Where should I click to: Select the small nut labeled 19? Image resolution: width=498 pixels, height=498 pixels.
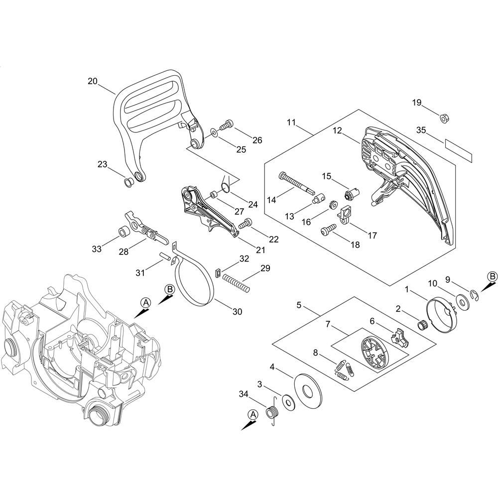[x=444, y=118]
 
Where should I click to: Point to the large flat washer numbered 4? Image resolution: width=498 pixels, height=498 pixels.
[x=308, y=389]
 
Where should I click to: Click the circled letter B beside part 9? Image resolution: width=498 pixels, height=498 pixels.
[x=492, y=276]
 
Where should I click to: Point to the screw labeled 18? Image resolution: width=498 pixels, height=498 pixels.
[x=329, y=229]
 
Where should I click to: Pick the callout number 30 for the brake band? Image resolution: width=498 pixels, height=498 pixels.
[x=237, y=312]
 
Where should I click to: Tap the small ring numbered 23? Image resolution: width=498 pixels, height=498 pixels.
[x=128, y=183]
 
